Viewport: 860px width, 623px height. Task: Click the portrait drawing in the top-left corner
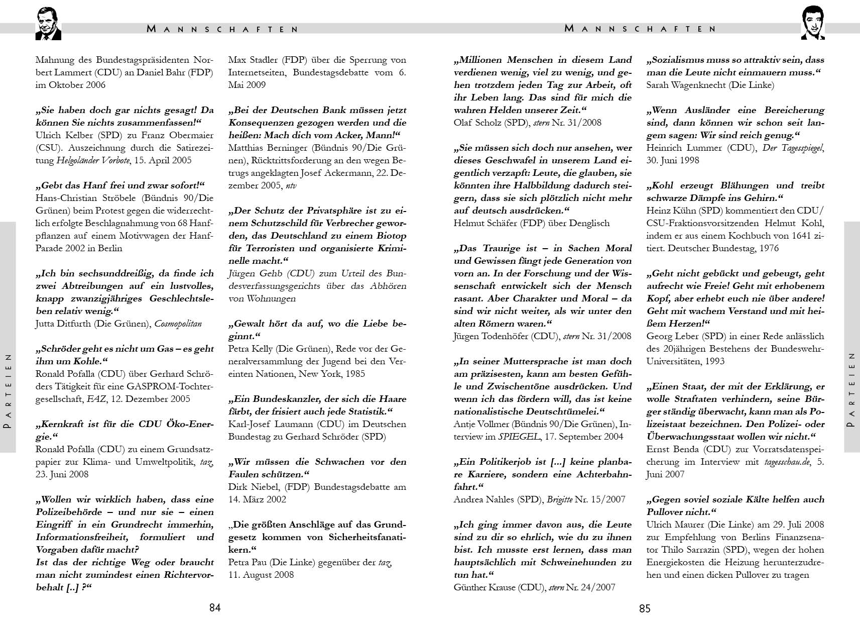coord(48,24)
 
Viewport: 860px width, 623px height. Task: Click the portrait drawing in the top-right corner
coord(812,23)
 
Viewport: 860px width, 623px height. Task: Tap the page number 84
coord(215,608)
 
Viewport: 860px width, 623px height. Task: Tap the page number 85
coord(645,609)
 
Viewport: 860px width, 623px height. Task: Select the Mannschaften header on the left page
coord(223,29)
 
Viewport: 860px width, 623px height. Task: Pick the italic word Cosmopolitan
coord(178,324)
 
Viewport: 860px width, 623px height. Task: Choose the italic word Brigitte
coord(560,499)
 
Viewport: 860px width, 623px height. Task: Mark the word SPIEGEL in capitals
coord(519,437)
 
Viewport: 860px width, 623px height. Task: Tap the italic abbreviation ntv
coord(291,185)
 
